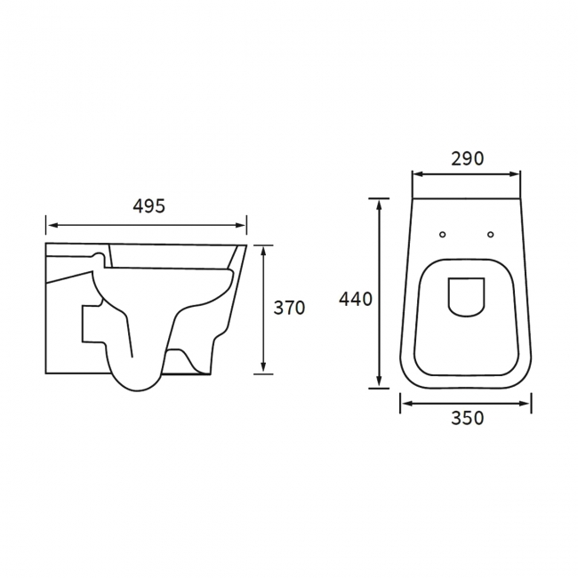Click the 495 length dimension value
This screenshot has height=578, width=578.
pos(149,205)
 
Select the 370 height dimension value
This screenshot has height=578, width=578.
pos(289,308)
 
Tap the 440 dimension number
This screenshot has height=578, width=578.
pos(356,299)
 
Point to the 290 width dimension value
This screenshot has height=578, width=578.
pos(467,159)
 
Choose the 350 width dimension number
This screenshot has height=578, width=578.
pos(467,418)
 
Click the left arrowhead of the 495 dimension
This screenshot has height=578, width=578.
pos(50,225)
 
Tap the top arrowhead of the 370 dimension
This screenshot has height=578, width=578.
pos(264,252)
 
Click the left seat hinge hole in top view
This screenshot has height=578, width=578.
pos(443,235)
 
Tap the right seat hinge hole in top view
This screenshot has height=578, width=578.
pos(490,235)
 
